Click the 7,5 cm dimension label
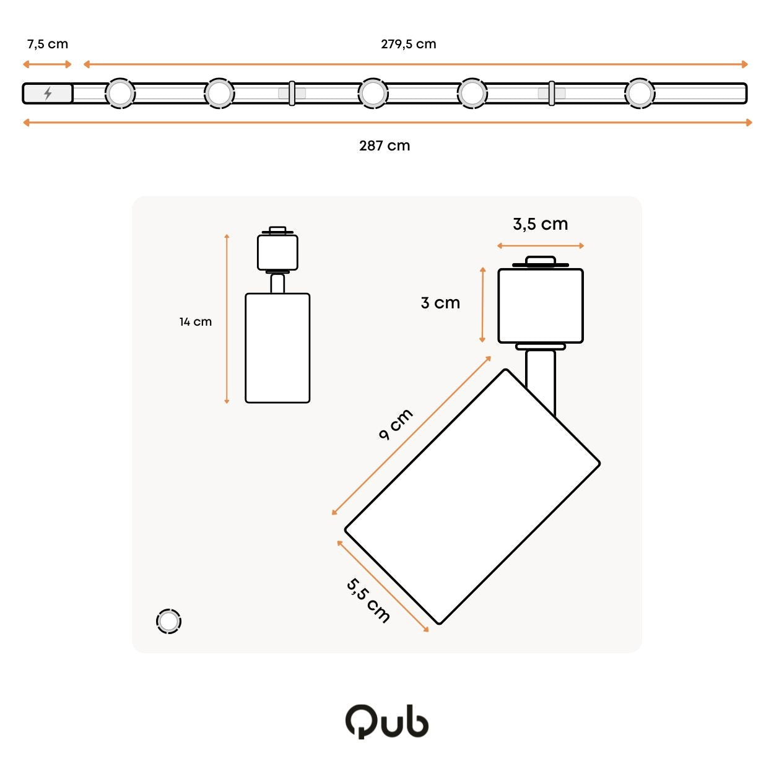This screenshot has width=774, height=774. pos(48,44)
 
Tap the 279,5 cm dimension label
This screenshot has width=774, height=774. pos(409,44)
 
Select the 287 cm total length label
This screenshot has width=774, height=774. pos(385,146)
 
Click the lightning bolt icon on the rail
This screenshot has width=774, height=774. pos(48,93)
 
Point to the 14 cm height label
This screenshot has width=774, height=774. pos(195,322)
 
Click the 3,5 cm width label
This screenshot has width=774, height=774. pos(540,224)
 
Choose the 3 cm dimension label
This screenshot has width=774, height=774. pos(440,303)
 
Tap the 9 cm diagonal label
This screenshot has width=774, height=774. pos(396,424)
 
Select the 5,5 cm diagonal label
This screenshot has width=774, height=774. pos(368,601)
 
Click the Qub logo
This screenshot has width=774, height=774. pos(387,722)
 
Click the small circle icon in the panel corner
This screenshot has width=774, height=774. pos(168,622)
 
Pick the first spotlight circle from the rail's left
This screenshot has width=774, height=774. pos(120,93)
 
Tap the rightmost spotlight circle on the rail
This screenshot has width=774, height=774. pos(640,93)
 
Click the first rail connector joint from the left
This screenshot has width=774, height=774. pos(292,93)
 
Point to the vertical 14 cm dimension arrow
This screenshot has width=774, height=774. pos(227,318)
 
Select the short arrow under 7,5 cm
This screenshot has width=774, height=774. pos(47,64)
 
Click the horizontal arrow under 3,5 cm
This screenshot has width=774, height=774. pos(540,246)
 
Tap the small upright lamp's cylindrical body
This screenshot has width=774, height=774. pos(277,348)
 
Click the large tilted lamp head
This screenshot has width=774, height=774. pos(472,496)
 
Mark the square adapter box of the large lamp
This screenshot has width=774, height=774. pos(540,306)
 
